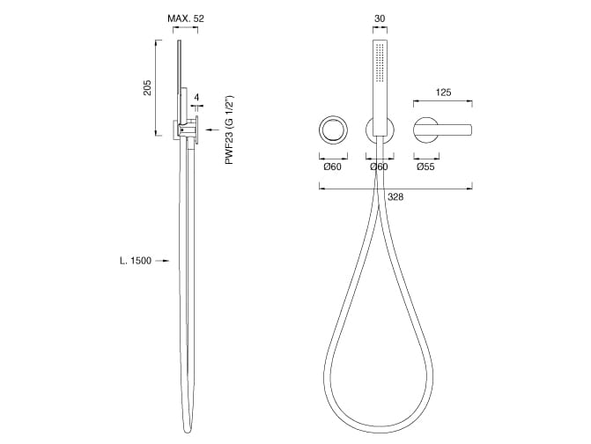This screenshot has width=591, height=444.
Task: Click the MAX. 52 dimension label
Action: coord(186,18)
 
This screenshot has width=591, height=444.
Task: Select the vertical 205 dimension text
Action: coord(147,87)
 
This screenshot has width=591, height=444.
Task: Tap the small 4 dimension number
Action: coord(196,98)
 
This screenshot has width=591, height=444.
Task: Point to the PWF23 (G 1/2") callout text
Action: coord(229,129)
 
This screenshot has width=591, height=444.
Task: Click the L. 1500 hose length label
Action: coord(136,261)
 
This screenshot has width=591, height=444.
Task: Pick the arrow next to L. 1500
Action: coord(162,261)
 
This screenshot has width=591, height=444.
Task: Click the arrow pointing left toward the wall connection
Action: coord(213,130)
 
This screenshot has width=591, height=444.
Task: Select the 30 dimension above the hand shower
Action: coord(380,18)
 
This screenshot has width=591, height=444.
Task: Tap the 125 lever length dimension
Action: coord(443,92)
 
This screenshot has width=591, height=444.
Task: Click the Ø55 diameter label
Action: coord(426,166)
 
